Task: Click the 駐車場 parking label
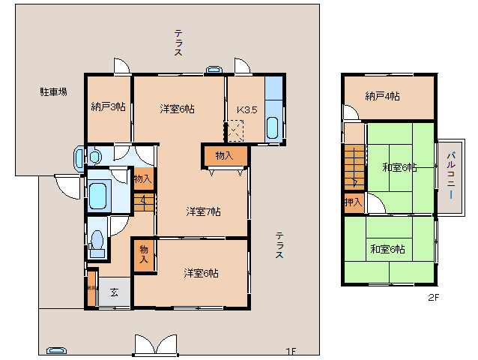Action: pyautogui.click(x=53, y=92)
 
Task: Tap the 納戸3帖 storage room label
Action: pyautogui.click(x=108, y=106)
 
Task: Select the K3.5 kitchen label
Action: pyautogui.click(x=247, y=109)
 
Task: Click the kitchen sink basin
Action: pyautogui.click(x=273, y=127)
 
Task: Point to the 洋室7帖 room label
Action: pyautogui.click(x=203, y=211)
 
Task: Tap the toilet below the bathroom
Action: pyautogui.click(x=96, y=241)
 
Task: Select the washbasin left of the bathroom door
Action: pyautogui.click(x=80, y=157)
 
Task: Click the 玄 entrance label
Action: pyautogui.click(x=115, y=292)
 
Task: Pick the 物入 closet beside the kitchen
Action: pyautogui.click(x=224, y=155)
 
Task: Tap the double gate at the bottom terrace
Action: pyautogui.click(x=156, y=344)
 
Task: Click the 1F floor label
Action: pyautogui.click(x=290, y=351)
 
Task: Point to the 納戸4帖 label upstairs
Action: pyautogui.click(x=382, y=96)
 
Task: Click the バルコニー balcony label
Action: pyautogui.click(x=451, y=174)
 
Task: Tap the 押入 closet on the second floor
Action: pyautogui.click(x=353, y=202)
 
